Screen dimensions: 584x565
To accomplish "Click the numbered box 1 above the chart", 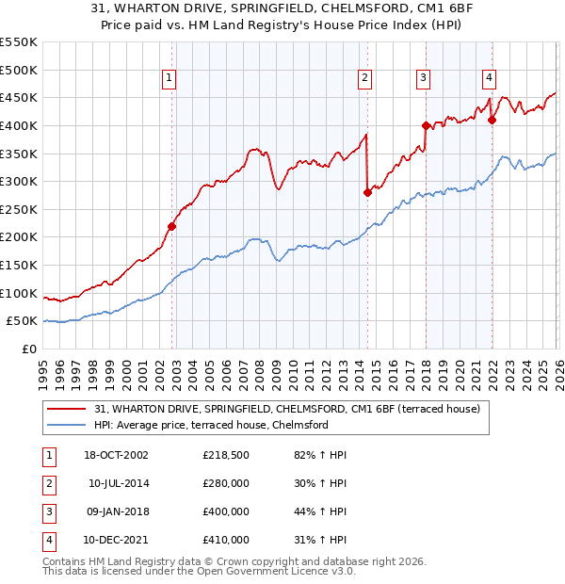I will click(x=169, y=78).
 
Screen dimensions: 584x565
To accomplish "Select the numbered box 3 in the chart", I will click(x=424, y=78).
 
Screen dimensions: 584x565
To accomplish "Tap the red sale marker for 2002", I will click(x=171, y=226).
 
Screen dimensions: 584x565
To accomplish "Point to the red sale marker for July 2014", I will click(x=367, y=192).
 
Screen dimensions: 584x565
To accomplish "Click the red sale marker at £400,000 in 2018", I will click(x=426, y=125).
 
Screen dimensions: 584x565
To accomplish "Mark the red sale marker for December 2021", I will click(x=492, y=120).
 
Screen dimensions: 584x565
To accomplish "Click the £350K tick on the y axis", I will click(x=19, y=154).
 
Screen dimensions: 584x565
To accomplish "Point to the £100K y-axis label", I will click(x=19, y=293).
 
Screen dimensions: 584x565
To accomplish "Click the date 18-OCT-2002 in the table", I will click(x=117, y=455).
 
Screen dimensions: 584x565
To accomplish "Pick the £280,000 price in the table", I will click(x=226, y=482).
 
